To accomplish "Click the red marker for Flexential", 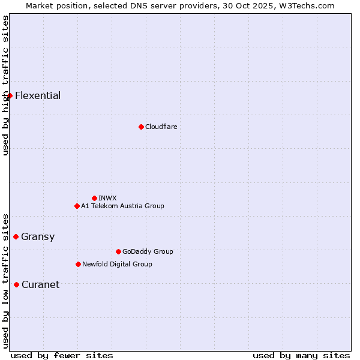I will click(x=10, y=95).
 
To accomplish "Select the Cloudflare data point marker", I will click(x=141, y=127).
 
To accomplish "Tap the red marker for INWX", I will click(x=94, y=198).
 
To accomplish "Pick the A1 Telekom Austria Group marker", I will click(x=77, y=206).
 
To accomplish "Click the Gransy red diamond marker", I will click(x=16, y=236).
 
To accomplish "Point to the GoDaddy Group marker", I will click(x=118, y=251).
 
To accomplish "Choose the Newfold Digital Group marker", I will click(x=78, y=264).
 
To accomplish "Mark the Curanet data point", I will click(x=16, y=284).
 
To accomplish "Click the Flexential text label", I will click(x=38, y=95).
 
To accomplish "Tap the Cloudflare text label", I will click(x=161, y=127).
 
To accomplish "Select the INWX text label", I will click(x=107, y=198).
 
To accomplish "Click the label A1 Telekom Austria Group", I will click(x=122, y=206).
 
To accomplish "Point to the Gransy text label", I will click(x=38, y=236).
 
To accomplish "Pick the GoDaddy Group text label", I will click(x=148, y=251).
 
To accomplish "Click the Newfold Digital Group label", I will click(x=117, y=264).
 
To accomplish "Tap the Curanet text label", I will click(x=40, y=284).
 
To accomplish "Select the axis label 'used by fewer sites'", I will click(x=62, y=355).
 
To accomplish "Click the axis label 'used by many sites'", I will click(x=301, y=355).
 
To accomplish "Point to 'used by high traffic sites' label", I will click(x=5, y=85).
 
